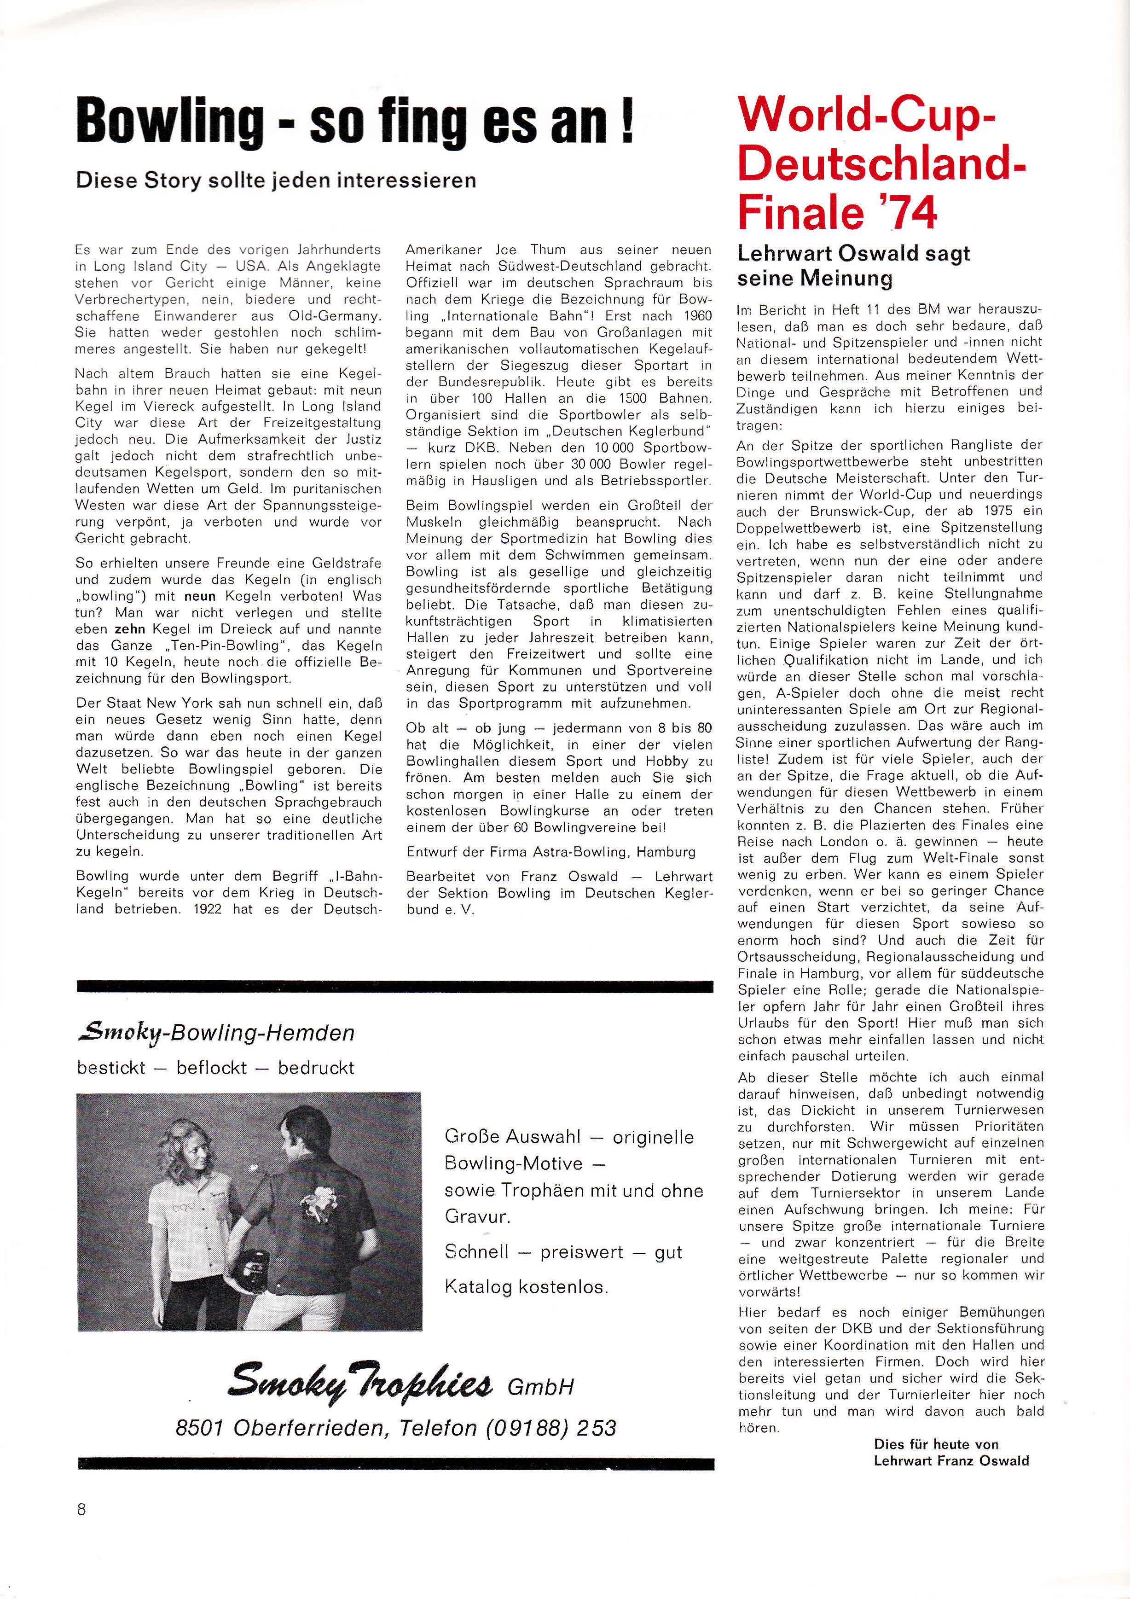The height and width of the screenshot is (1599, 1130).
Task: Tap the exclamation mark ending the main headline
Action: tap(626, 122)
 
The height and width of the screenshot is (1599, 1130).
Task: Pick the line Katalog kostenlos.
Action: tap(527, 1286)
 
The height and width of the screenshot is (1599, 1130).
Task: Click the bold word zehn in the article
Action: tap(129, 629)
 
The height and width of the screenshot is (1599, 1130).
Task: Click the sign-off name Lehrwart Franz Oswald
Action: tap(950, 1460)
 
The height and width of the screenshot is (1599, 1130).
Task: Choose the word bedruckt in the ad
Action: tap(316, 1068)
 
